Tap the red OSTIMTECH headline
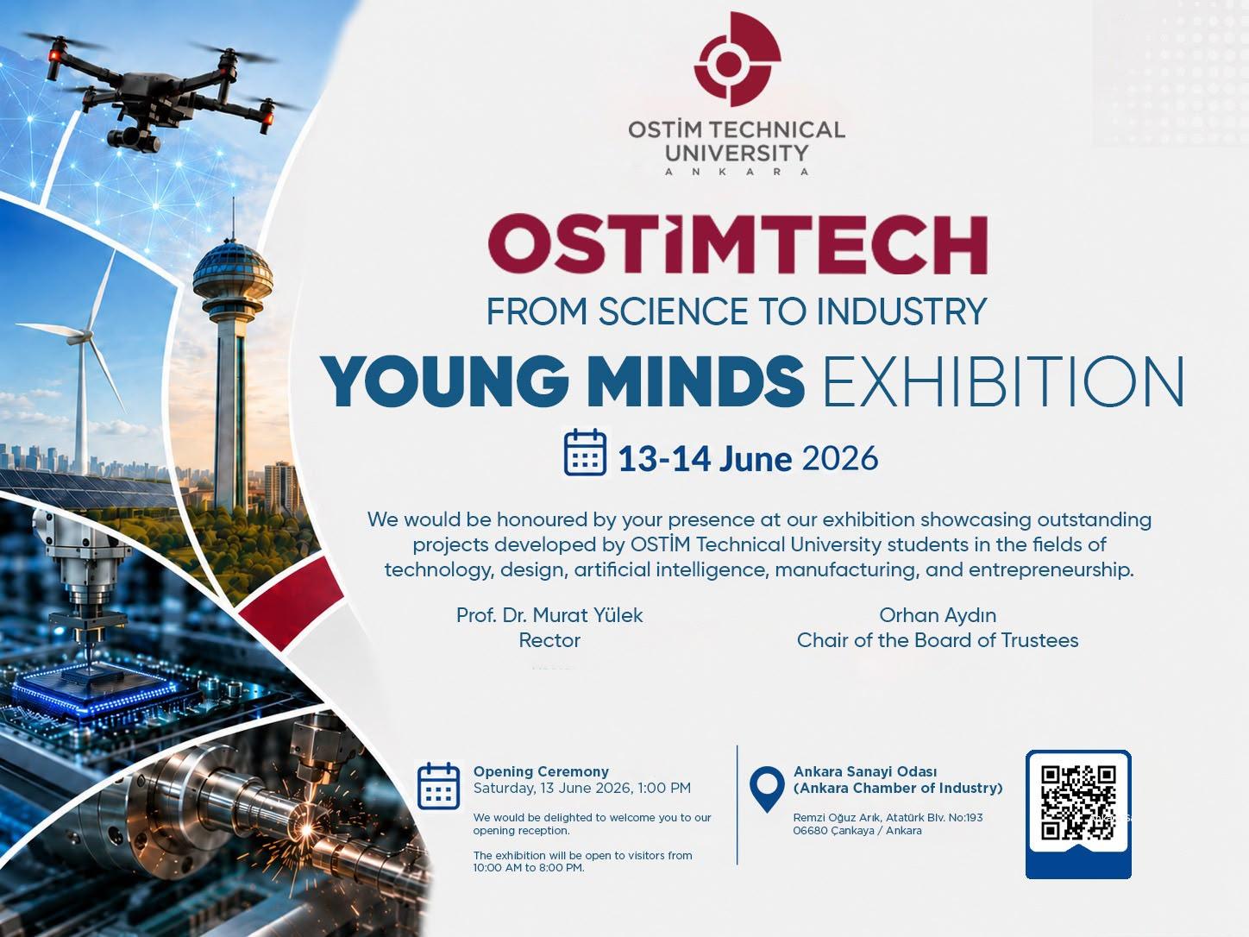coord(737,245)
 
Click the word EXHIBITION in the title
coord(1003,380)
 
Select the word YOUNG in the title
coord(444,380)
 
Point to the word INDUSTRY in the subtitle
coord(902,311)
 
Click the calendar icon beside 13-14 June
coord(585,452)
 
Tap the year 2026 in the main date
coord(840,458)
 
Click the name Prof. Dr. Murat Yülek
coord(549,615)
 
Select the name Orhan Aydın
coord(938,615)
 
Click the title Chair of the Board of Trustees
coord(938,640)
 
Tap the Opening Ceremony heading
coord(541,771)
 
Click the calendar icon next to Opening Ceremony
coord(439,786)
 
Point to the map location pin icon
coord(767,788)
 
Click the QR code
coord(1078,802)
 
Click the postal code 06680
coord(810,831)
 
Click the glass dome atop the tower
coord(233,272)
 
